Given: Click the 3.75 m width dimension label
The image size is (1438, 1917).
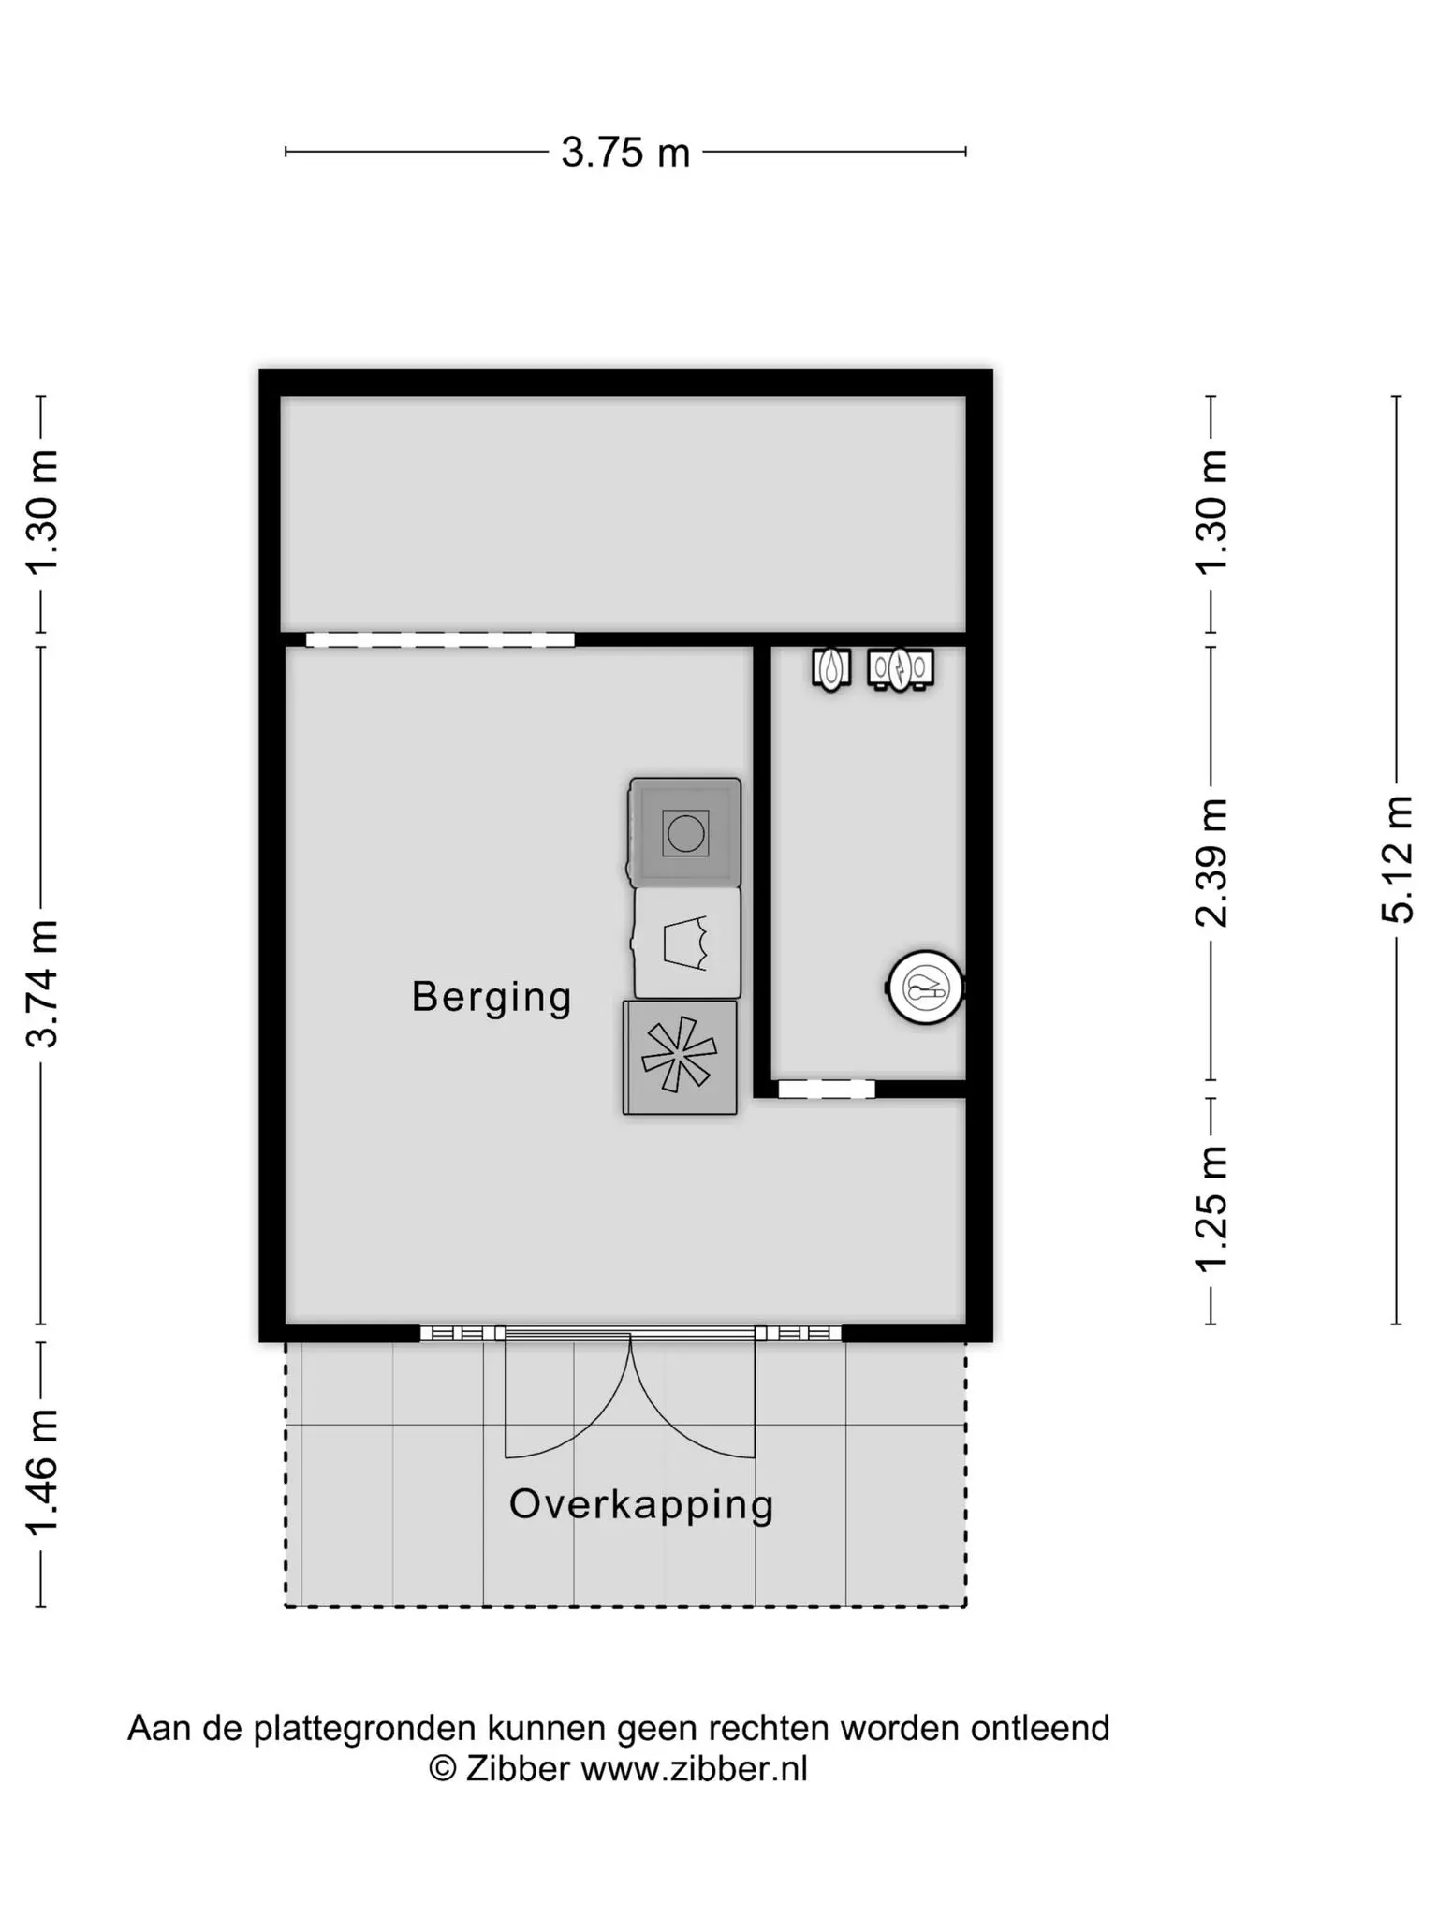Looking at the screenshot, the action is click(x=625, y=152).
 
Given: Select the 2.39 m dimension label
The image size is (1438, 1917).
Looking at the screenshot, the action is click(x=1211, y=863).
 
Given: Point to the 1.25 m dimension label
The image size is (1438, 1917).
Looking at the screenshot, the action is click(x=1211, y=1208).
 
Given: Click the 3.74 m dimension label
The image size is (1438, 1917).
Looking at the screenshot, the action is click(x=43, y=983).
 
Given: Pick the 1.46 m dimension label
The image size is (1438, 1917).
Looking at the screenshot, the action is click(x=43, y=1472).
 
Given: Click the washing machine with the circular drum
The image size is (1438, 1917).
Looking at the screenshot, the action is click(x=684, y=832).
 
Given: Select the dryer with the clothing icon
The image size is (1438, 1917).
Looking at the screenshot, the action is click(x=687, y=943).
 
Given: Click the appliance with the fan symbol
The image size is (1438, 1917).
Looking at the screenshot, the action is click(x=680, y=1058).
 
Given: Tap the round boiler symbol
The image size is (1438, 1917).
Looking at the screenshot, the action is click(x=925, y=987).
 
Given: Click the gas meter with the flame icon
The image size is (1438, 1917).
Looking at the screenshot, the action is click(x=831, y=669).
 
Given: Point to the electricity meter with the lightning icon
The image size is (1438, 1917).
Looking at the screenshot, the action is click(x=901, y=669).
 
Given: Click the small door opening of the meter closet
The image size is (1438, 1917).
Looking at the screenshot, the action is click(x=827, y=1089).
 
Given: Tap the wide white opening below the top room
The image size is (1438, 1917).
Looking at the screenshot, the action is click(x=440, y=640).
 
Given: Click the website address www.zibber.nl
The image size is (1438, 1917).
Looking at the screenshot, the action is click(x=694, y=1768).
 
